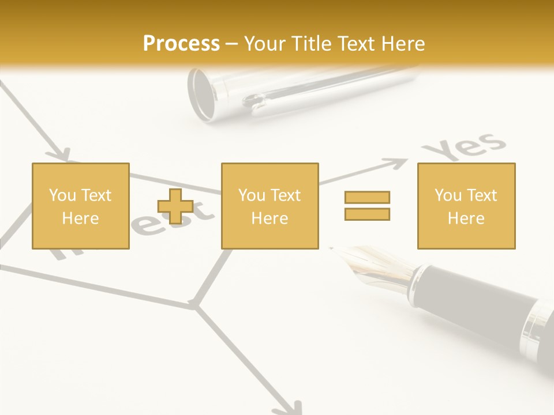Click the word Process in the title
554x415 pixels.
coord(181,43)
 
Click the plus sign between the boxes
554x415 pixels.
coord(175,206)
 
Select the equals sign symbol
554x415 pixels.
coord(367,206)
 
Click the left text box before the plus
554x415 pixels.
coord(80,206)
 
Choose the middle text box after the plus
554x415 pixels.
coord(269,206)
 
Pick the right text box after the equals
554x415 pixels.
coord(466,206)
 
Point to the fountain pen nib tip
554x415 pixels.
coord(333,248)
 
